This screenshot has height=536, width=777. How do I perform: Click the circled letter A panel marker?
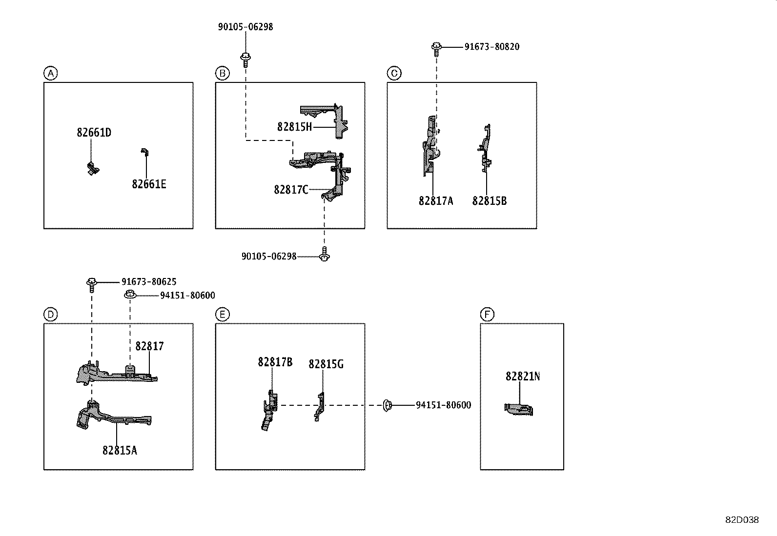tap(50, 74)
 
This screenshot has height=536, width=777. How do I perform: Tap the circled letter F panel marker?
tap(487, 315)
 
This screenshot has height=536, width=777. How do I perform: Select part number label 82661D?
tap(94, 133)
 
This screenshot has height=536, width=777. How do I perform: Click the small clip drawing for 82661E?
tap(144, 152)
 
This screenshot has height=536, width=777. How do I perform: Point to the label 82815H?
tap(294, 127)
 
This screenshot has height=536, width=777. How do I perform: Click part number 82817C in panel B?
tap(291, 190)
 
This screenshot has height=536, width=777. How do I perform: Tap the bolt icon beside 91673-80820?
tap(436, 47)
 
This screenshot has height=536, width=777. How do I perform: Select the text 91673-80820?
tap(491, 47)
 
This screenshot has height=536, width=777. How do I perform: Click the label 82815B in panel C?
tap(489, 201)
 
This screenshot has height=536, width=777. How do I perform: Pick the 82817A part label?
tap(435, 201)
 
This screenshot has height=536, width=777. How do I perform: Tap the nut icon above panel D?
tap(130, 295)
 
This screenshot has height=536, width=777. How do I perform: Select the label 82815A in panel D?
tap(120, 451)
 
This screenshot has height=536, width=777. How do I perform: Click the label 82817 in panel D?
tap(149, 346)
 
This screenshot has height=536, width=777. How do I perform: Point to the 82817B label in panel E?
tap(275, 362)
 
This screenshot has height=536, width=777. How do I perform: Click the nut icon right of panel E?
tap(387, 405)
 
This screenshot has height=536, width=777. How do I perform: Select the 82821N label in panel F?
tap(523, 377)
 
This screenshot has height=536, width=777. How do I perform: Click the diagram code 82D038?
tap(741, 520)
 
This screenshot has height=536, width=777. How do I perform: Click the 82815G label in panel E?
tap(326, 364)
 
